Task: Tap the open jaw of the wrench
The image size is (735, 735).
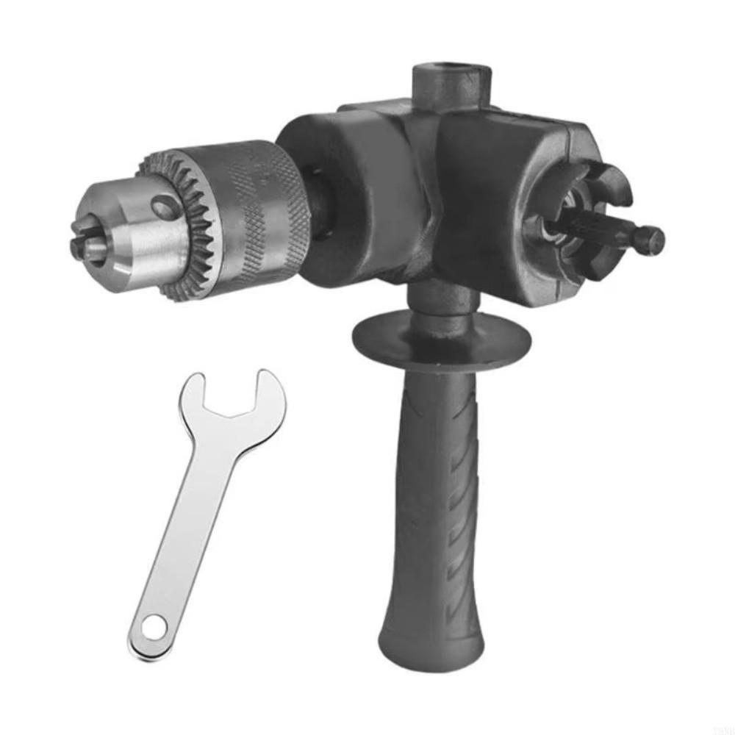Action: pyautogui.click(x=234, y=397)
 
